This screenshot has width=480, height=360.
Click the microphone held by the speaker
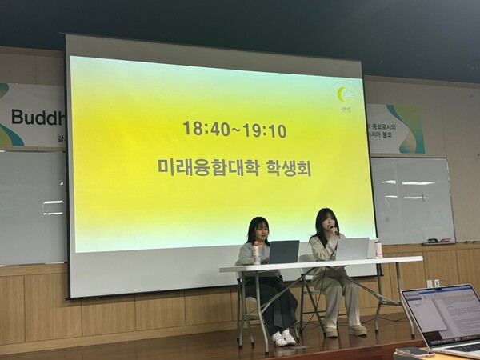click(x=334, y=231)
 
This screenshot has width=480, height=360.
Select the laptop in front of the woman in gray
click(x=282, y=251)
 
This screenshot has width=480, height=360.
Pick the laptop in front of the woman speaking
click(x=351, y=249)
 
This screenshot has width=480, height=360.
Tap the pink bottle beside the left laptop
click(x=256, y=253)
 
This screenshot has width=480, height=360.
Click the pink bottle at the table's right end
click(x=378, y=249)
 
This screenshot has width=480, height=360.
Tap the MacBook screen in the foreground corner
click(x=443, y=315)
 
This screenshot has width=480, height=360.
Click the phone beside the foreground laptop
click(x=411, y=350)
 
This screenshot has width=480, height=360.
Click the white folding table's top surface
click(x=320, y=263)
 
